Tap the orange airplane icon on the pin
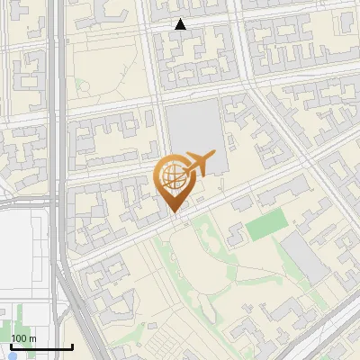click(x=198, y=164)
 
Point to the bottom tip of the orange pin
click(x=173, y=212)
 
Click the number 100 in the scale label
click(x=20, y=338)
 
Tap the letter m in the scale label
click(x=32, y=338)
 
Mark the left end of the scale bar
click(x=11, y=346)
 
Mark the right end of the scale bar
click(x=72, y=346)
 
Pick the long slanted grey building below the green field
click(x=304, y=256)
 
